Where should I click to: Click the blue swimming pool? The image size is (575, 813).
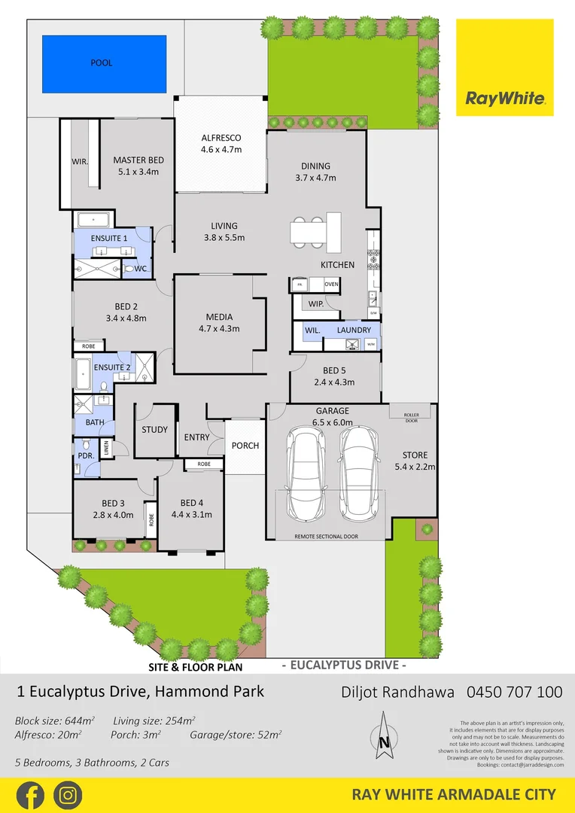click(104, 63)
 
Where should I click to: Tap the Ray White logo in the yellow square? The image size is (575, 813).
click(504, 99)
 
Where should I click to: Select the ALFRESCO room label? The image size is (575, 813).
click(221, 138)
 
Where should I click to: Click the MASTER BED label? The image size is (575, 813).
click(138, 160)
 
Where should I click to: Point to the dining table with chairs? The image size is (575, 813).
click(315, 231)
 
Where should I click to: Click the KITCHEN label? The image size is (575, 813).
click(337, 265)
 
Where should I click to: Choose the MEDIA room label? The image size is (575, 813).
click(219, 317)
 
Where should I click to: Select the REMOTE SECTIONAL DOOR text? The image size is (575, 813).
click(326, 537)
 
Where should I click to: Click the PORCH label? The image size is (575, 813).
click(245, 446)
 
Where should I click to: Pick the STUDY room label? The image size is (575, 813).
click(154, 430)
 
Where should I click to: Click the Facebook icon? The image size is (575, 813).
click(29, 795)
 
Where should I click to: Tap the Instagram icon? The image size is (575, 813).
click(68, 795)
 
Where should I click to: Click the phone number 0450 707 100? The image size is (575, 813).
click(514, 691)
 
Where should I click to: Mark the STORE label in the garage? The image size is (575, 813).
click(415, 455)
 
